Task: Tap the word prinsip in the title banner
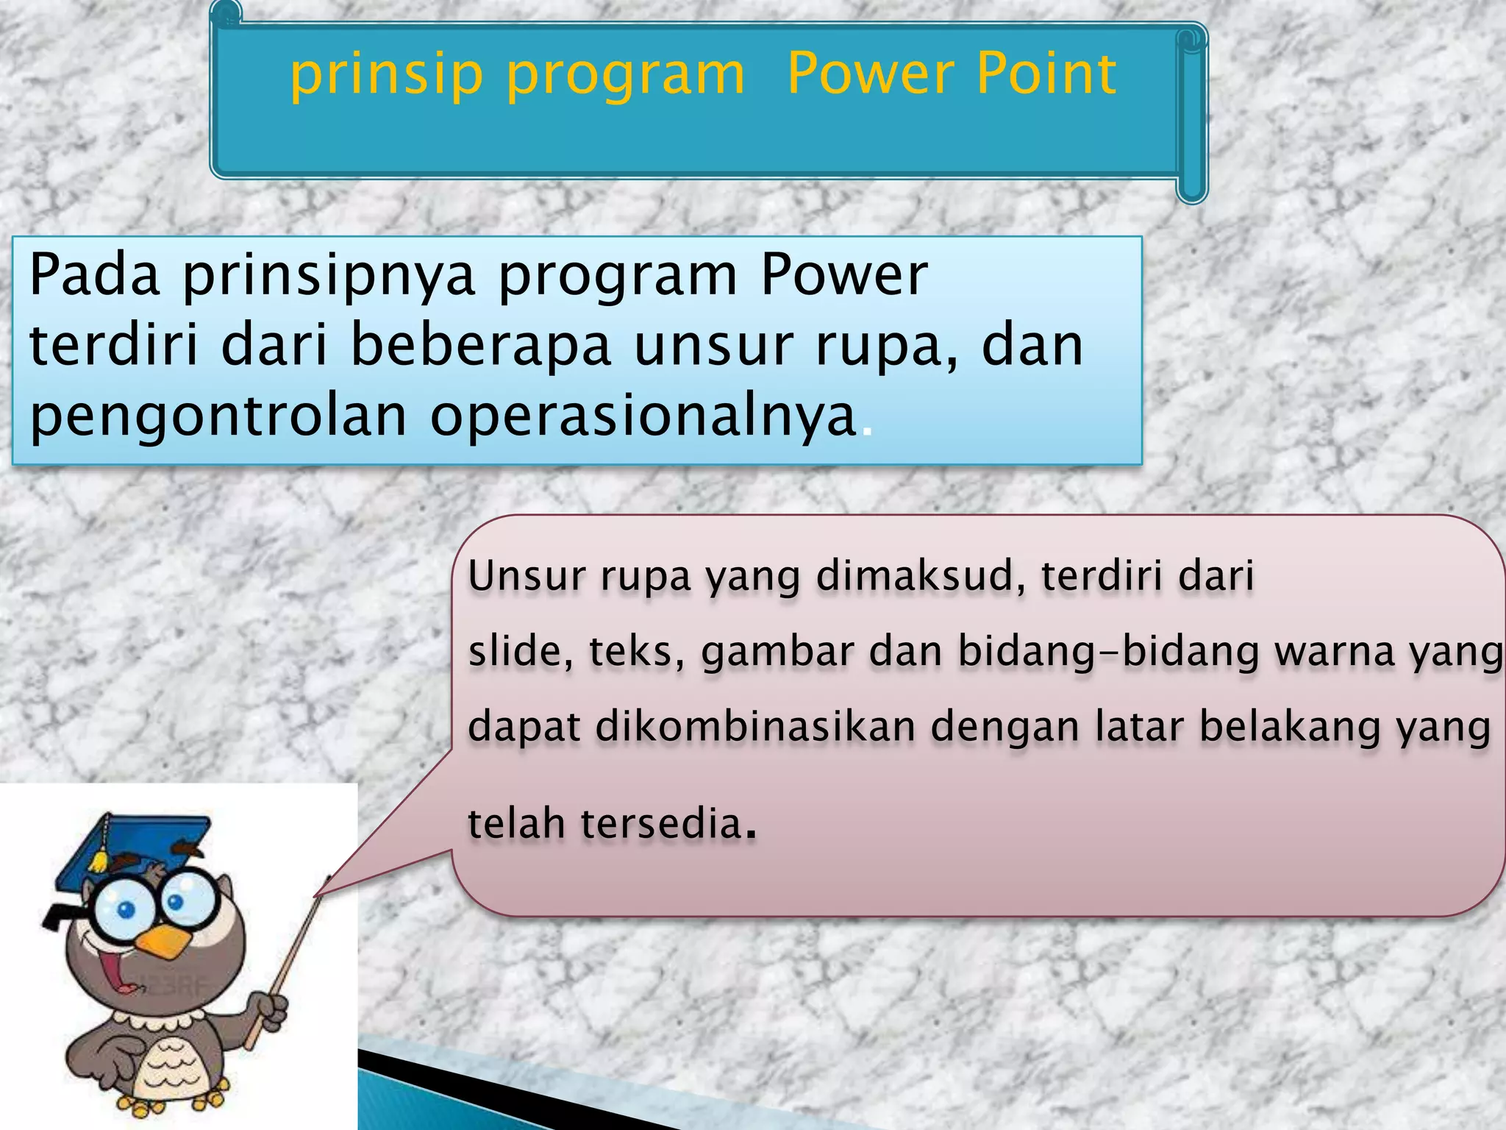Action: [386, 76]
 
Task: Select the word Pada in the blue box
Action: [94, 274]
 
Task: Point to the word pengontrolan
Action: [218, 416]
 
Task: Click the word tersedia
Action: [660, 823]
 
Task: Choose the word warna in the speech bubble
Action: [1334, 653]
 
